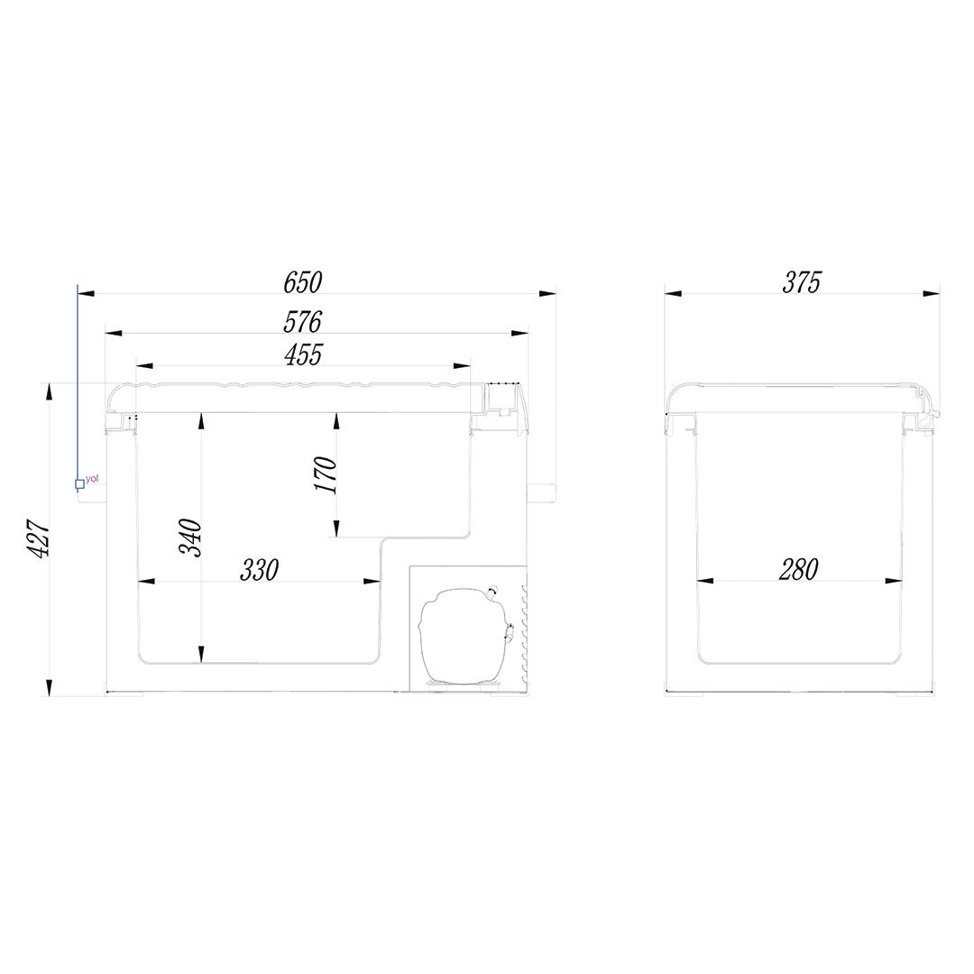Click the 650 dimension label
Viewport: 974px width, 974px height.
(302, 282)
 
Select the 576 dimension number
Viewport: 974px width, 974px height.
(302, 322)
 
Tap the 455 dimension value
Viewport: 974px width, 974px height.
(303, 354)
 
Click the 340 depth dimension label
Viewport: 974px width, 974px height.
(190, 537)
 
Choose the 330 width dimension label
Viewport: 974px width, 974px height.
(260, 570)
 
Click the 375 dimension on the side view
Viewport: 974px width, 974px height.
(802, 282)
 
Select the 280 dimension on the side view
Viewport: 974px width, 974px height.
(799, 570)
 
